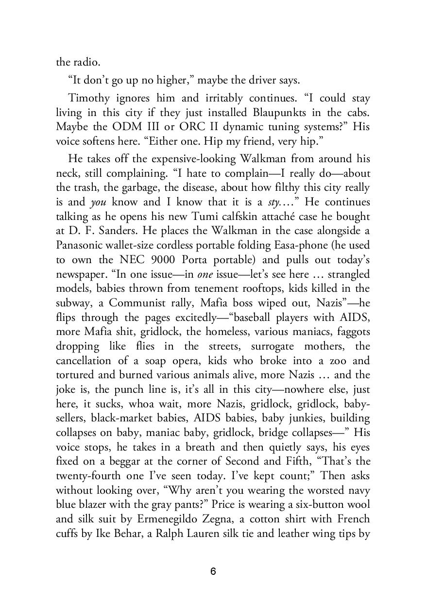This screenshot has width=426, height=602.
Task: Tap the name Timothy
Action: tap(89, 98)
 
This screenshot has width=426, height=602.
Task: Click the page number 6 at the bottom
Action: tap(213, 572)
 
